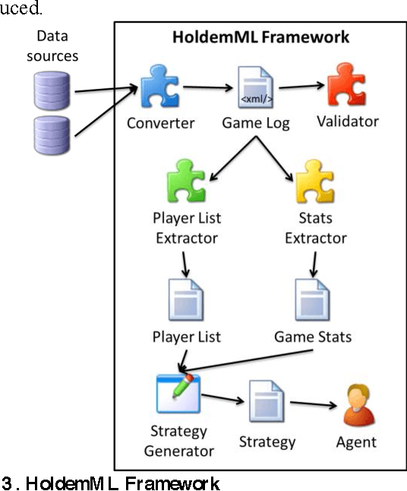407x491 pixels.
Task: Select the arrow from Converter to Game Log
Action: [x=208, y=87]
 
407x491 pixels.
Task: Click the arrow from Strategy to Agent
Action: [x=313, y=405]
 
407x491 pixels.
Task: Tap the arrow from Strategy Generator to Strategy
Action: [x=222, y=399]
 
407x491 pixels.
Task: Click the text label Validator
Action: [x=349, y=121]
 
